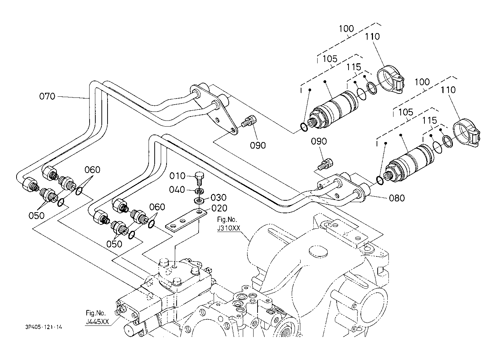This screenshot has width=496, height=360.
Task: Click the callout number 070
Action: pyautogui.click(x=47, y=96)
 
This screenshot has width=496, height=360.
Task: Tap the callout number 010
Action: pyautogui.click(x=177, y=176)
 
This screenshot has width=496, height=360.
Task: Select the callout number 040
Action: pyautogui.click(x=177, y=190)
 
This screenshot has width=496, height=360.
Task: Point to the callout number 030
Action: pyautogui.click(x=219, y=197)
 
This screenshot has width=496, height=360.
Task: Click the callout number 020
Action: pyautogui.click(x=219, y=208)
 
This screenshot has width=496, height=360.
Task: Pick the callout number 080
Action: pyautogui.click(x=397, y=198)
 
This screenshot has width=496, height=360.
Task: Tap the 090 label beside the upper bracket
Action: pyautogui.click(x=258, y=145)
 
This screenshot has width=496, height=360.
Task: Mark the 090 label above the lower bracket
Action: pyautogui.click(x=319, y=141)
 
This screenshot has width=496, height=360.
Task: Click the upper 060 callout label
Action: pyautogui.click(x=92, y=170)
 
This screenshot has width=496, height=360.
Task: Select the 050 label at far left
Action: pyautogui.click(x=37, y=215)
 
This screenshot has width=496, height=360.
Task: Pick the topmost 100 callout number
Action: pyautogui.click(x=346, y=29)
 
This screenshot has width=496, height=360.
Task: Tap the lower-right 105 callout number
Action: pyautogui.click(x=406, y=112)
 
